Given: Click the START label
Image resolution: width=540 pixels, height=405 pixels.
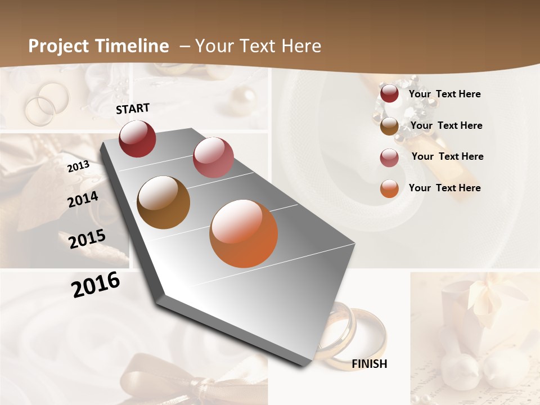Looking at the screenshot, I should [x=133, y=109].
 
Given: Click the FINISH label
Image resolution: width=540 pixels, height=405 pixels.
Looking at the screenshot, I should [x=369, y=364].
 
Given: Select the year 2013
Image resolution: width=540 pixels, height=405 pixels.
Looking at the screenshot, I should [x=78, y=166].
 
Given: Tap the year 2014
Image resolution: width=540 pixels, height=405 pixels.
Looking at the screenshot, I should [x=83, y=200].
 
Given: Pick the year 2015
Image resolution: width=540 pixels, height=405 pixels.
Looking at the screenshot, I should [x=87, y=239].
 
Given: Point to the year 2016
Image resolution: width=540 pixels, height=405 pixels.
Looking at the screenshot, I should [x=96, y=285].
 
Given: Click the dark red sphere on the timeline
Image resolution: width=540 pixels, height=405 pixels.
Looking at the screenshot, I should [x=137, y=139].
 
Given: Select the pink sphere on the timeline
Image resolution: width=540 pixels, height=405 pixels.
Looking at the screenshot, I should [x=213, y=157].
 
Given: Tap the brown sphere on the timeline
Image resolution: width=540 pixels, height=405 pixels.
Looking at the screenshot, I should [x=164, y=202].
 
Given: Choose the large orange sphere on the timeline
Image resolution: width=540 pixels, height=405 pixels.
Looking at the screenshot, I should [x=244, y=233].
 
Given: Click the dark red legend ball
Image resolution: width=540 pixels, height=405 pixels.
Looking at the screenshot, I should [x=389, y=94].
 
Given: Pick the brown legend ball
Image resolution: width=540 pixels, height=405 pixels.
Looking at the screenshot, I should [x=389, y=126].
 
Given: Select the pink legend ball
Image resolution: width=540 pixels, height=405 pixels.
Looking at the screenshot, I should [x=389, y=157].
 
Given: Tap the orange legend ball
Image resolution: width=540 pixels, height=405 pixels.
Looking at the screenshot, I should [x=389, y=188].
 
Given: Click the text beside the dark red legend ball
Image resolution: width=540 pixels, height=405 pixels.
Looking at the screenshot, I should [x=444, y=94].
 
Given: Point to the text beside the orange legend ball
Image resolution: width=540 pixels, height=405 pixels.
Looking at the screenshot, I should [x=444, y=188].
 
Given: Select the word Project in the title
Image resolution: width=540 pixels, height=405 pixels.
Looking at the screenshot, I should [x=59, y=46].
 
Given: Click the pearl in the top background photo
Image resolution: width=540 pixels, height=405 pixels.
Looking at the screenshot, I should [x=243, y=96].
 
